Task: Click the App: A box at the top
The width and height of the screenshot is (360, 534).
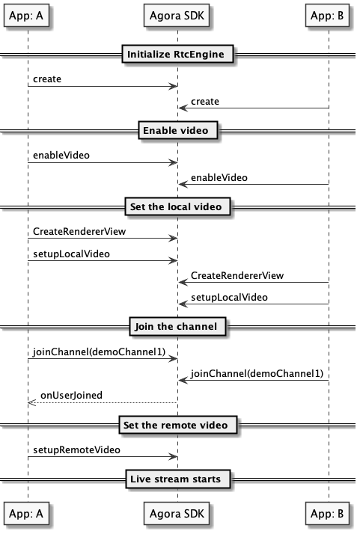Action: pos(26,15)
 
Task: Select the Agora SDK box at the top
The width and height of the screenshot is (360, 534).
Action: pos(177,15)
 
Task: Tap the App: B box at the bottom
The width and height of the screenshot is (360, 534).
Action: pos(327,513)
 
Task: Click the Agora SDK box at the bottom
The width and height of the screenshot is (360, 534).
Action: pos(177,513)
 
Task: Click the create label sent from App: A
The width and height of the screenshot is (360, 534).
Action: pos(47,79)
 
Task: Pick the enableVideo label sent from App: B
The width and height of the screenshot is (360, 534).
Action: pos(219,177)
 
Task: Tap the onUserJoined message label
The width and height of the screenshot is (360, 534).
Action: pos(71,395)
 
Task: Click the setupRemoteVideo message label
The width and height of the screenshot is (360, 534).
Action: pos(76,450)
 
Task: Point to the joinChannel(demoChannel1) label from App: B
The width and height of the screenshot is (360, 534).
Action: pos(257,374)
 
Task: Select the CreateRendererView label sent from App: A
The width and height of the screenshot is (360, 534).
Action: pos(79,232)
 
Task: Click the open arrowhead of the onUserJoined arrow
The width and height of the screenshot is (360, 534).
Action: pos(31,403)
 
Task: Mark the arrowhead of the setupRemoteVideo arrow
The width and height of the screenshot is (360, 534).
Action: pos(174,457)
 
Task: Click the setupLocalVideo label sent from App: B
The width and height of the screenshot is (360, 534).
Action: pos(229,298)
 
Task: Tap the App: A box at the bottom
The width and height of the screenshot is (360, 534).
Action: pos(26,513)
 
